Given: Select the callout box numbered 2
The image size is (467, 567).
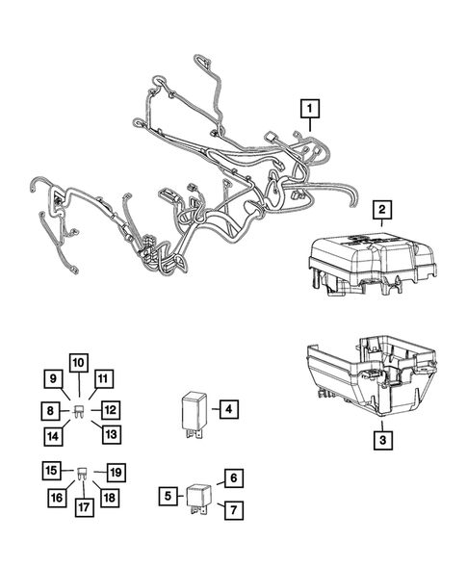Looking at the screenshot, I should pyautogui.click(x=382, y=209).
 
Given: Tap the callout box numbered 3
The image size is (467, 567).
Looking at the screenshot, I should pyautogui.click(x=382, y=441).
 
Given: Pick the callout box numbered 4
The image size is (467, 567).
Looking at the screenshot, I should pyautogui.click(x=227, y=409).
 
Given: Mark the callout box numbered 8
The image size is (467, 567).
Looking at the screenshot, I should pyautogui.click(x=49, y=411).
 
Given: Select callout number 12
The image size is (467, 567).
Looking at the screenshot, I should pyautogui.click(x=111, y=409).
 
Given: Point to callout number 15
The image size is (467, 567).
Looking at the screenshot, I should pyautogui.click(x=50, y=471).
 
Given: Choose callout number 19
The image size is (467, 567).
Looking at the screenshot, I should pyautogui.click(x=116, y=472).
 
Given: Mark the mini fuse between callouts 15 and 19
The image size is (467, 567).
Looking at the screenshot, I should pyautogui.click(x=83, y=473).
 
